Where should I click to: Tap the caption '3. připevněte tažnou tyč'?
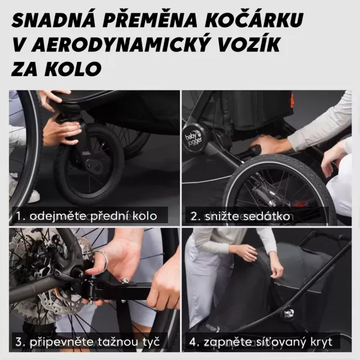(x=88, y=342)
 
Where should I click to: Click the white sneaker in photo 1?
(x=30, y=196)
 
